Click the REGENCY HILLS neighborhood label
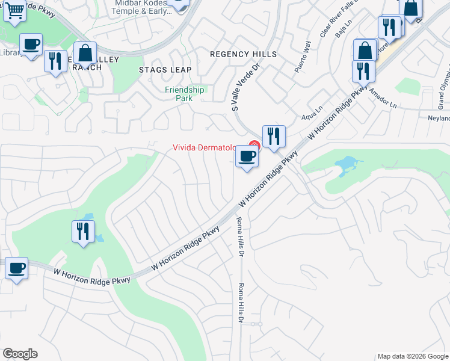[x=243, y=54]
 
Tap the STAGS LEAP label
[x=165, y=70]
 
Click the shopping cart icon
[x=14, y=10]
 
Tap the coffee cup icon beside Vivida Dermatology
[x=246, y=157]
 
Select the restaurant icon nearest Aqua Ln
[x=274, y=136]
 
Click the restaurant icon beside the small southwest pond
[x=82, y=232]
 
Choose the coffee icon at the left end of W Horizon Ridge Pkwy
[x=16, y=268]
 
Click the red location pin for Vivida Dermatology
[x=254, y=145]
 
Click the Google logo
[x=20, y=354]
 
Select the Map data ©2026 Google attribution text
[x=412, y=356]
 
